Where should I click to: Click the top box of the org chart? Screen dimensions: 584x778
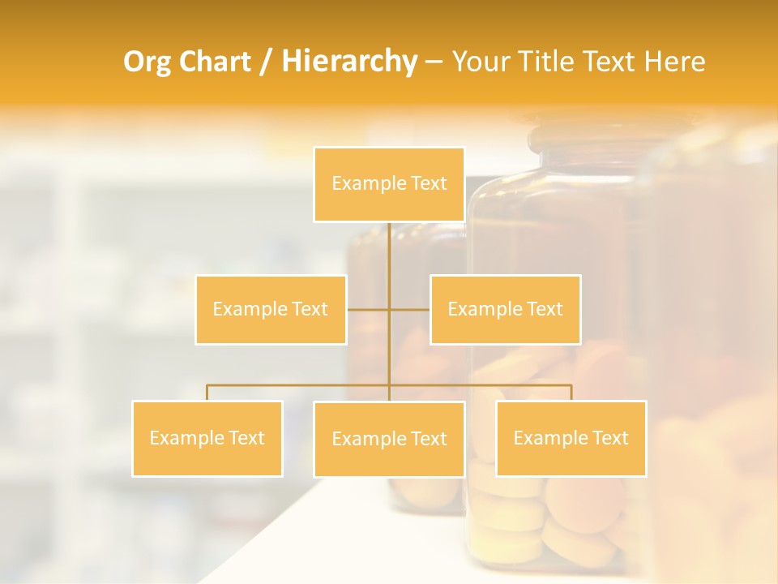coord(389,184)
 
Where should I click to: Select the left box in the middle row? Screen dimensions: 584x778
coord(271,309)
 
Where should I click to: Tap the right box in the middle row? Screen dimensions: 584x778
coord(505,309)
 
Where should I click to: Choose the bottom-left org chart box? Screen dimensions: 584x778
coord(207,438)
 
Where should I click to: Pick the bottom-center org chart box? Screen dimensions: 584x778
coord(389,439)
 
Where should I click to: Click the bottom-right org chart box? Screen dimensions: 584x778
coord(571,438)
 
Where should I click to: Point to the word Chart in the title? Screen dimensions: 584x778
coord(215,62)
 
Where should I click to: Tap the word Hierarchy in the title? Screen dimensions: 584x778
coord(348,62)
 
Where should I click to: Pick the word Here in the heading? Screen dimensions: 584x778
coord(674,62)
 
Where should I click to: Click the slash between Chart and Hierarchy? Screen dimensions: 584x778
coord(266,62)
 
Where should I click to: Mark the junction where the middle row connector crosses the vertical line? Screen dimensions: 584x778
coord(389,309)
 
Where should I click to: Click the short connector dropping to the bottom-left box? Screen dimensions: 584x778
coord(207,393)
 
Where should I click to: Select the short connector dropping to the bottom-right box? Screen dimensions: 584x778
coord(571,393)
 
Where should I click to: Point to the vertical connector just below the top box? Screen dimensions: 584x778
coord(389,243)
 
